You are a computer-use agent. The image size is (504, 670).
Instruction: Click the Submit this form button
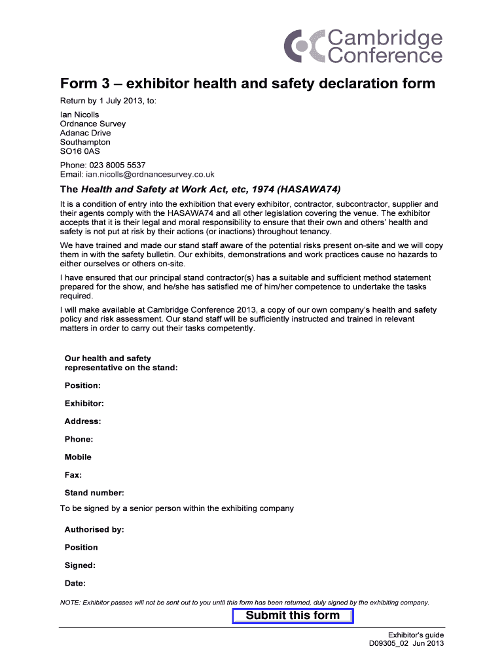[x=293, y=616]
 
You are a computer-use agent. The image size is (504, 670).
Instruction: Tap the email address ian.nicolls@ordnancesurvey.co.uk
[x=150, y=174]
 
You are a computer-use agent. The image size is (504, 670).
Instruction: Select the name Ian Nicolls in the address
[x=79, y=115]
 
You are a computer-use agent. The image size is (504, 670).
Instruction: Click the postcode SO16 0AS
[x=80, y=151]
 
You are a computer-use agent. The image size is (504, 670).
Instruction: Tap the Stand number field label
[x=94, y=493]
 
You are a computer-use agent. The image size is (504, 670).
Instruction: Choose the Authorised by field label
[x=94, y=529]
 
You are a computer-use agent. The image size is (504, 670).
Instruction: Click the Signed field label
[x=80, y=565]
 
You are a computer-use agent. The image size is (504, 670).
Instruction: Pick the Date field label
[x=75, y=583]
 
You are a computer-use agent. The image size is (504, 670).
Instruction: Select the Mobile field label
[x=78, y=457]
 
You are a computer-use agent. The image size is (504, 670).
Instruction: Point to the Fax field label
[x=73, y=475]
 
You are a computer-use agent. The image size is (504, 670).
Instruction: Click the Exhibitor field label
[x=84, y=404]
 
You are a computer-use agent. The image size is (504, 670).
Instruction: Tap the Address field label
[x=82, y=421]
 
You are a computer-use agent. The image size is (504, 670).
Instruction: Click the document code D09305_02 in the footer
[x=390, y=644]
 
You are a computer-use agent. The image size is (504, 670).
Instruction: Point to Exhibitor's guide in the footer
[x=416, y=635]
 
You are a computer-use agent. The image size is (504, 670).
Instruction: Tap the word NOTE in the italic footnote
[x=70, y=602]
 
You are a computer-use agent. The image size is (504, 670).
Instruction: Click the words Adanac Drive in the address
[x=85, y=133]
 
